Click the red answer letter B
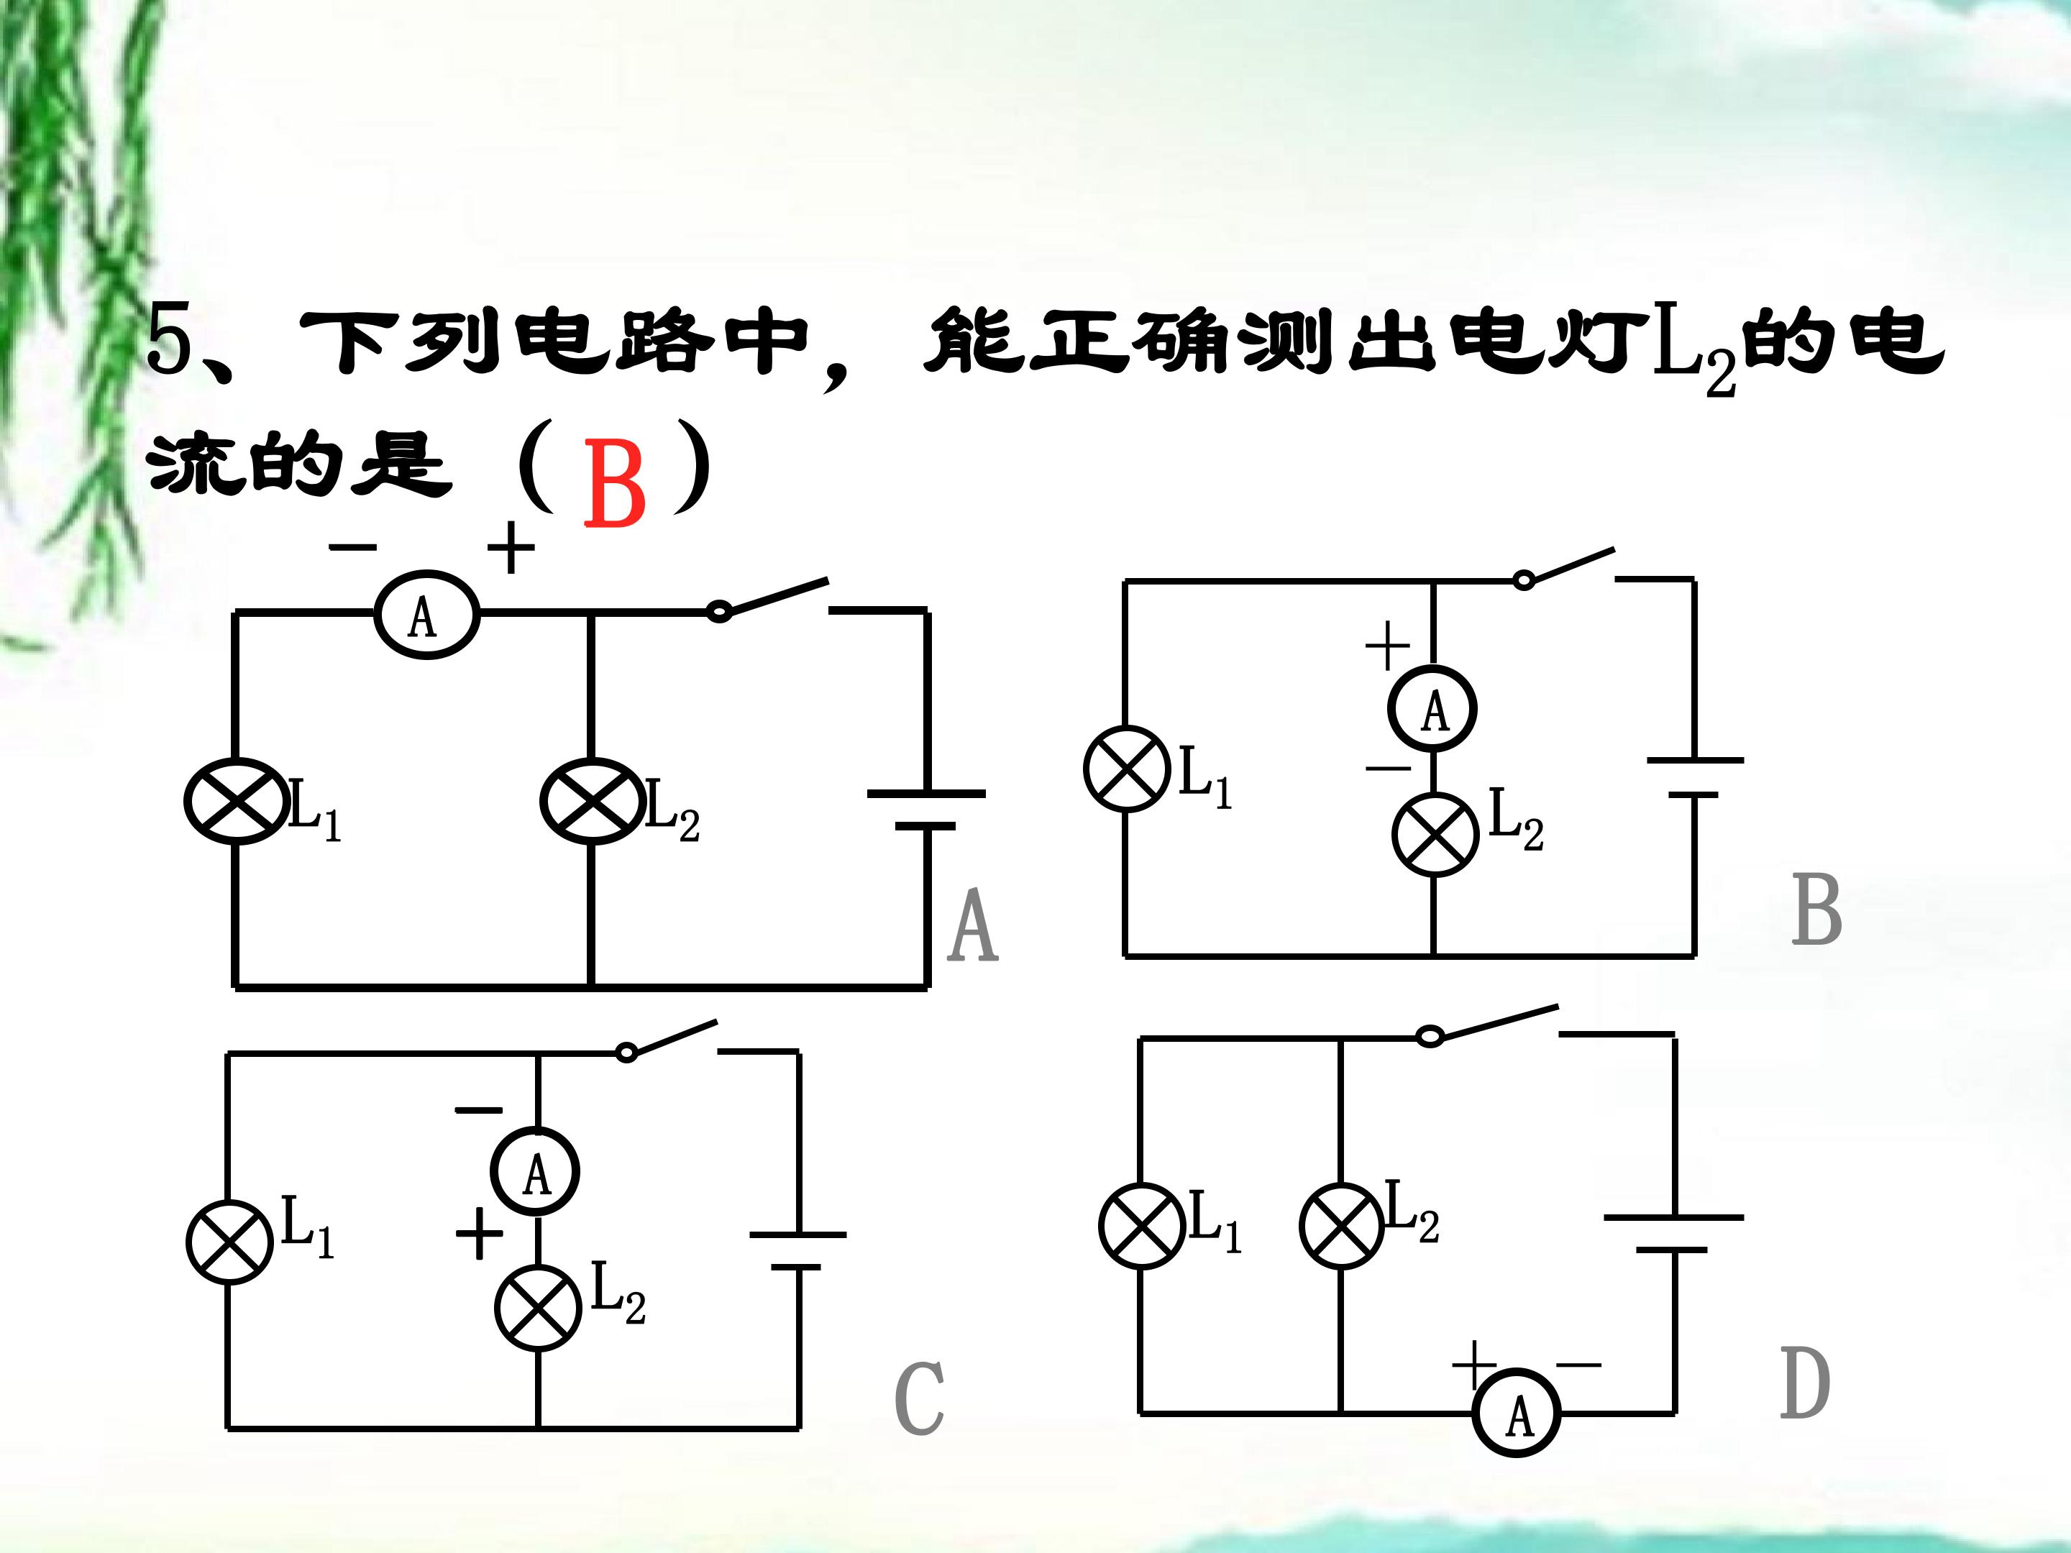[614, 484]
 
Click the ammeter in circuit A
[427, 615]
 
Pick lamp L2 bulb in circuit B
[1435, 834]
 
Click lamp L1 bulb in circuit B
[1128, 769]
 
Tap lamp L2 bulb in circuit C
[539, 1308]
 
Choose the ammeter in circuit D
[1517, 1414]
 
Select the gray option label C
[920, 1398]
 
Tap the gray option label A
[973, 926]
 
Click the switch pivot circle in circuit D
[1430, 1036]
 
